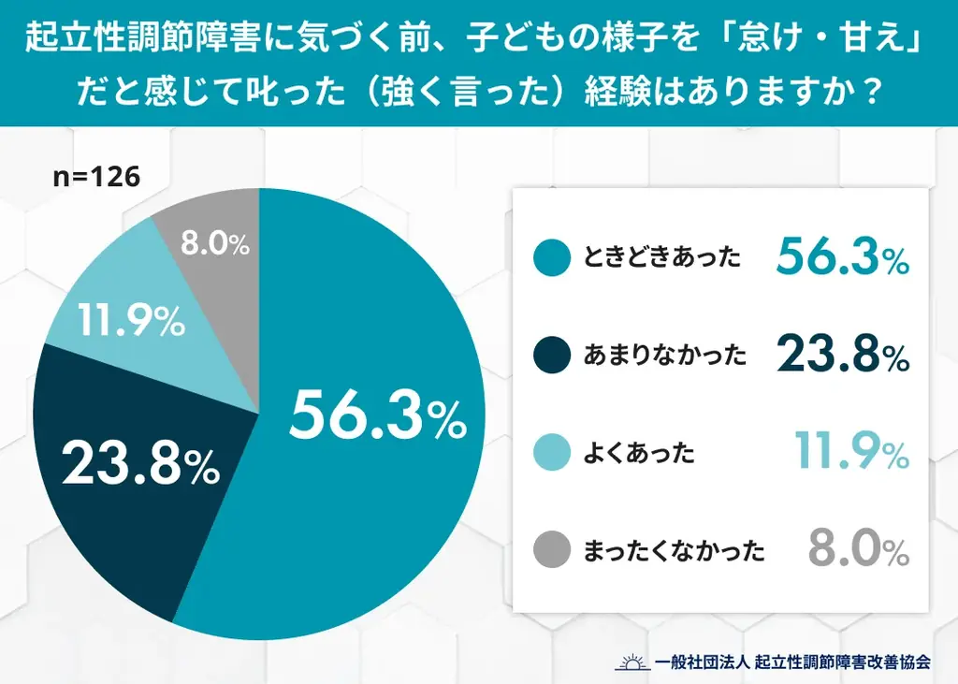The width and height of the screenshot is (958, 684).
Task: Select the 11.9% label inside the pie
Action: (131, 323)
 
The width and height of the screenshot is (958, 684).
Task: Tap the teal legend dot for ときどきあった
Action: (551, 259)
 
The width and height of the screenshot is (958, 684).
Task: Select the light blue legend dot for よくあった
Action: (551, 453)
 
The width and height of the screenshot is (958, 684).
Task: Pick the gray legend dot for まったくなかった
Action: (551, 550)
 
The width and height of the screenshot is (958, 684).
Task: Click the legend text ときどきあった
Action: (661, 259)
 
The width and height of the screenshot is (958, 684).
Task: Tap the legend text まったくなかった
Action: (674, 550)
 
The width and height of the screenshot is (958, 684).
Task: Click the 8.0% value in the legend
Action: (859, 549)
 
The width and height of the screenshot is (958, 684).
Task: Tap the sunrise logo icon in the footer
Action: (632, 661)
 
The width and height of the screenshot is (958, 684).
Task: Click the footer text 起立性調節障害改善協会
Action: (843, 662)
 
